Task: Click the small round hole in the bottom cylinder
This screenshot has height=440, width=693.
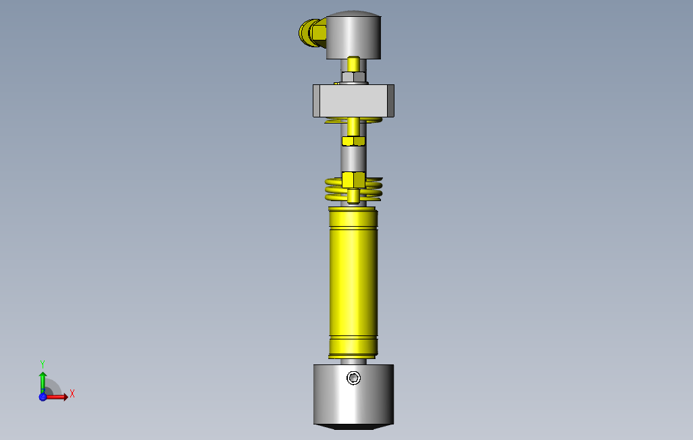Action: (x=353, y=378)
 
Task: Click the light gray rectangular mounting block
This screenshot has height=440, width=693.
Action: (x=353, y=101)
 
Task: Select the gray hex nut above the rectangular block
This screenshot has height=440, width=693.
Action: (x=353, y=76)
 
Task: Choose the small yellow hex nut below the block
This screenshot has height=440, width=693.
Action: (x=353, y=140)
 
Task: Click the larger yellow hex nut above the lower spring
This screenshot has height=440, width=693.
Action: (x=353, y=180)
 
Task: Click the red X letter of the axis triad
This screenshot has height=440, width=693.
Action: (x=72, y=393)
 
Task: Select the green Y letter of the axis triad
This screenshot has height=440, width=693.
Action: (x=43, y=363)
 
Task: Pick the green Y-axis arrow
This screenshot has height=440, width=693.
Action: (x=43, y=381)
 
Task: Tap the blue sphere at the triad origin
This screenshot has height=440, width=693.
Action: (x=43, y=397)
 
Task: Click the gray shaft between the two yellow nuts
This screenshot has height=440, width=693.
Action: (x=353, y=159)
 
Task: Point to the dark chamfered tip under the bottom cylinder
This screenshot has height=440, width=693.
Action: (x=353, y=428)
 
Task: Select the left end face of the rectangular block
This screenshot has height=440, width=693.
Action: (x=316, y=101)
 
